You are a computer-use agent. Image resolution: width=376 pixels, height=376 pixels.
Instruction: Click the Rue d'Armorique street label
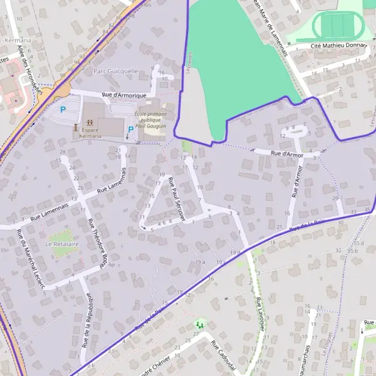123,95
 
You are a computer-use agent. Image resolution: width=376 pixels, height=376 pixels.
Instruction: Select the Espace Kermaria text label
90,133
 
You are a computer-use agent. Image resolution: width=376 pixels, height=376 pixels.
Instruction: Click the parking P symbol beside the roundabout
63,109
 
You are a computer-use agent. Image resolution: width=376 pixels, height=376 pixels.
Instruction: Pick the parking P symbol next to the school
130,130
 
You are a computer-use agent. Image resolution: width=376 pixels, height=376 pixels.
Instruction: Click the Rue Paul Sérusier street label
176,200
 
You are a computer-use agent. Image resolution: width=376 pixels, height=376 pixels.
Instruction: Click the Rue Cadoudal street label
223,356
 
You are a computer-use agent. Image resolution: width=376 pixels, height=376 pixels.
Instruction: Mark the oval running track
337,26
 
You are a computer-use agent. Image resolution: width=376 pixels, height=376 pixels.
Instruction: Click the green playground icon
199,324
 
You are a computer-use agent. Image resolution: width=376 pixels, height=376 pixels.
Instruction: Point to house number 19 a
200,262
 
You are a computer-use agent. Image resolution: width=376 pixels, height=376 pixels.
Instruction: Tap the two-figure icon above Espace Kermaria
90,122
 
